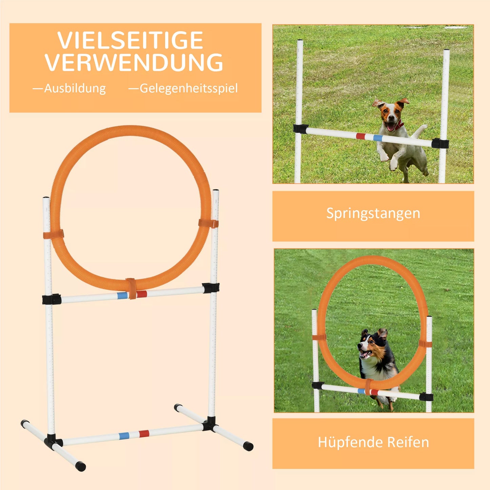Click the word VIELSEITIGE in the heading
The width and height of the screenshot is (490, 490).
[x=130, y=41]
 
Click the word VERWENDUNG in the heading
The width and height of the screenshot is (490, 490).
[x=134, y=63]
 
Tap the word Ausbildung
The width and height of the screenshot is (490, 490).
[x=75, y=89]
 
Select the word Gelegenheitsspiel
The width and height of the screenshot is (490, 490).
[x=189, y=89]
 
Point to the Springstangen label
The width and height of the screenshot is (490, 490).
[x=373, y=213]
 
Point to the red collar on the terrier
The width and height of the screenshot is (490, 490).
[x=399, y=125]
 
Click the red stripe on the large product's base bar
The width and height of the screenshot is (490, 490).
[x=144, y=434]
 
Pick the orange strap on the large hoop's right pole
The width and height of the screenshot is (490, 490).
[x=208, y=223]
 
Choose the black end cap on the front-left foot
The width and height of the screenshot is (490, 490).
[x=81, y=466]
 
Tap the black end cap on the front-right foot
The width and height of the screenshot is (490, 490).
[x=248, y=446]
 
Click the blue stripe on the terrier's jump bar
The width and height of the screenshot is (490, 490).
[x=378, y=138]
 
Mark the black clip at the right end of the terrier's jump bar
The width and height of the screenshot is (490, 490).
[x=440, y=143]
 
